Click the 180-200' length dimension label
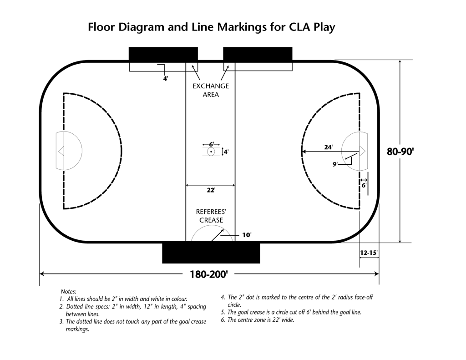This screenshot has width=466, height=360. tap(209, 274)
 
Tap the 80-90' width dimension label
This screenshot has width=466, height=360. tap(400, 152)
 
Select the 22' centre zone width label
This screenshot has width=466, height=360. tap(211, 190)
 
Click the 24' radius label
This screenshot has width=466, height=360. tap(328, 147)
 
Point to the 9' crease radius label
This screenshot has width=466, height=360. tap(335, 164)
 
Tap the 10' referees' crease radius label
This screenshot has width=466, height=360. tap(247, 235)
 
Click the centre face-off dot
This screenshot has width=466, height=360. tap(211, 152)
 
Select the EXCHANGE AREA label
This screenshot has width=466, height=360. tap(211, 90)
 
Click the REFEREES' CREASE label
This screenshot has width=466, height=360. tap(211, 216)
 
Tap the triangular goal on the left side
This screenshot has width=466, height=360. tap(61, 150)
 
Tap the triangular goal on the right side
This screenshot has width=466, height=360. tap(363, 151)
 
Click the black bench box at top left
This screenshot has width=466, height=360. tap(163, 54)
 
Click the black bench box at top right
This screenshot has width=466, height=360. tap(258, 54)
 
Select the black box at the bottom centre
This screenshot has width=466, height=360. tap(211, 253)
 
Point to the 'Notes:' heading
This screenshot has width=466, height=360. tap(69, 291)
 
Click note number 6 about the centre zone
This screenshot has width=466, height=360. tap(258, 319)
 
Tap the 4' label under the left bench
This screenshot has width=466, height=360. tap(166, 78)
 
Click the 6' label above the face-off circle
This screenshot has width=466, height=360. tap(211, 144)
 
